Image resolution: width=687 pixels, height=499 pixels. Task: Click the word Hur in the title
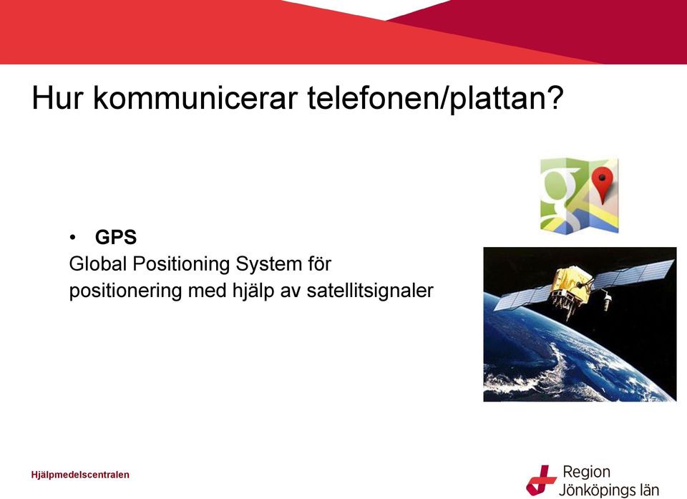click(57, 98)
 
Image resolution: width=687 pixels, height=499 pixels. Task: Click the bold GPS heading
click(116, 237)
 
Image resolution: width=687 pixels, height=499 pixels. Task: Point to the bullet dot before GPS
click(72, 238)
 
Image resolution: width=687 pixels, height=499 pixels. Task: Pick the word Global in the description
click(98, 264)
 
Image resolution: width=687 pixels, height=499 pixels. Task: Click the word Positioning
click(181, 265)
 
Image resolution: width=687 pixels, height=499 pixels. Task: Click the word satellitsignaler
click(370, 291)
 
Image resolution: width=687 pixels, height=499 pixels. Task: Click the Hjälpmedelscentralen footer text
click(80, 475)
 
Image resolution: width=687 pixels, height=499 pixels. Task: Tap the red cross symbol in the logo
click(541, 480)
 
